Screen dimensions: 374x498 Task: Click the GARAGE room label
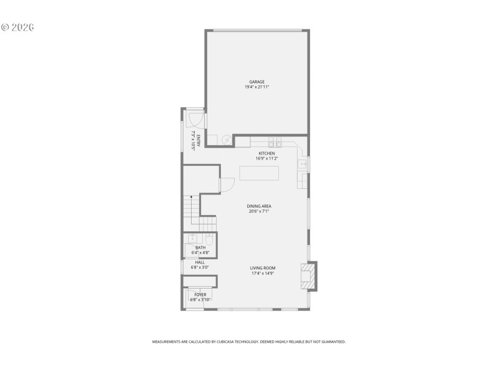pos(257,82)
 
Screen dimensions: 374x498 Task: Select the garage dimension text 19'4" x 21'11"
pos(257,87)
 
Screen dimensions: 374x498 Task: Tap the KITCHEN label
pos(266,153)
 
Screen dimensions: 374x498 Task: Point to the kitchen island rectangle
pos(260,173)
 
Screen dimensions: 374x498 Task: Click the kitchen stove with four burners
pos(275,141)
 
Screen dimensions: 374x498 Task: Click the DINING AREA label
pos(258,206)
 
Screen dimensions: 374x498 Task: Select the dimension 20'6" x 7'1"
pos(258,211)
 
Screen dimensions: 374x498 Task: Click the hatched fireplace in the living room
pos(308,276)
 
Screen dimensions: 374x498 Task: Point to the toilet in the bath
pos(209,239)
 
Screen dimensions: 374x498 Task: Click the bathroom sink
pos(192,239)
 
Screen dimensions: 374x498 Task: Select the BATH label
pos(200,247)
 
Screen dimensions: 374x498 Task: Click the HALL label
pos(200,262)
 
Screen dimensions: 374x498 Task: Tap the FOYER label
pos(200,294)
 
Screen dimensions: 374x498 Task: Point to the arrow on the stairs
pos(191,198)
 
